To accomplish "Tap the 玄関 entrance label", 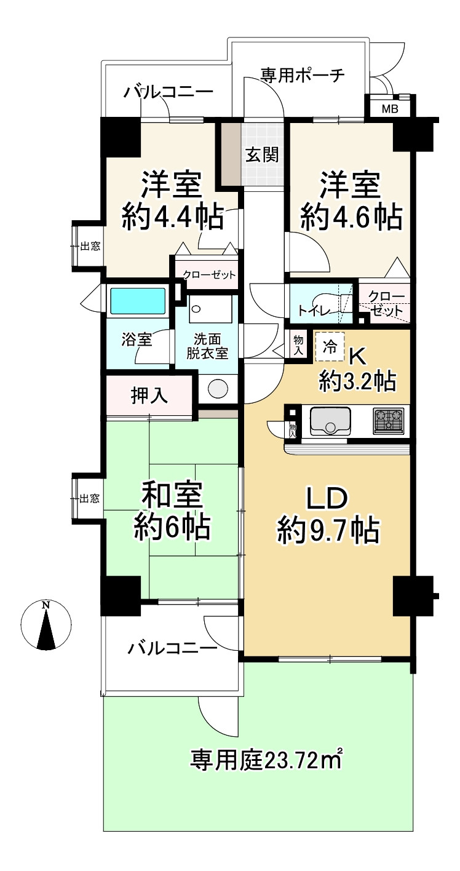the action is [x=262, y=156].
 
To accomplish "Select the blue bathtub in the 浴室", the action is [x=137, y=301].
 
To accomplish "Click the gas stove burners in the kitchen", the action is [x=387, y=421].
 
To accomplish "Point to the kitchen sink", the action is [x=330, y=421].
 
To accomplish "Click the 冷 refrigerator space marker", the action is [x=330, y=346].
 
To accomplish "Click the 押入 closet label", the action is [x=149, y=396].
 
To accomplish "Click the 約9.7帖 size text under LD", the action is [x=328, y=531].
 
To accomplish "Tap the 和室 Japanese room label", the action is [x=172, y=495].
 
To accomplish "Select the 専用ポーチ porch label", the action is [x=302, y=75].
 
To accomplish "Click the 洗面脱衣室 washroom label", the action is [x=207, y=346].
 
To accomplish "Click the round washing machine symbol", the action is [x=218, y=388].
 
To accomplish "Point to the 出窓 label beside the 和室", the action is [x=89, y=498].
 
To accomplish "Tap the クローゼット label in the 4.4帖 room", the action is [x=209, y=275].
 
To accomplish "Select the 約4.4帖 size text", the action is [x=173, y=217].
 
